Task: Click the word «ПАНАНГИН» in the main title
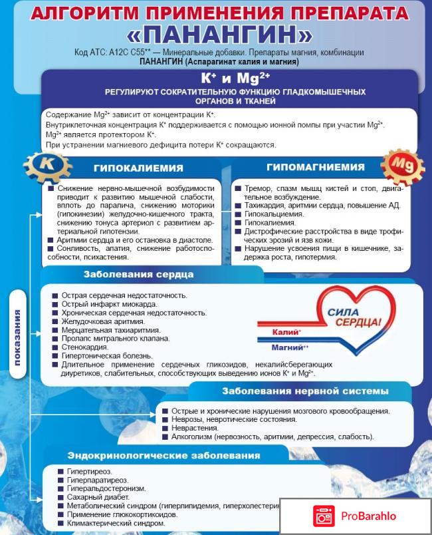[x=216, y=34]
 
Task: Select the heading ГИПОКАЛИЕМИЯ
[x=138, y=168]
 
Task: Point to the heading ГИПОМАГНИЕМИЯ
[x=316, y=167]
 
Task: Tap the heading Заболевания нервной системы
[x=305, y=391]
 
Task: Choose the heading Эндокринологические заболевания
[x=163, y=456]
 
